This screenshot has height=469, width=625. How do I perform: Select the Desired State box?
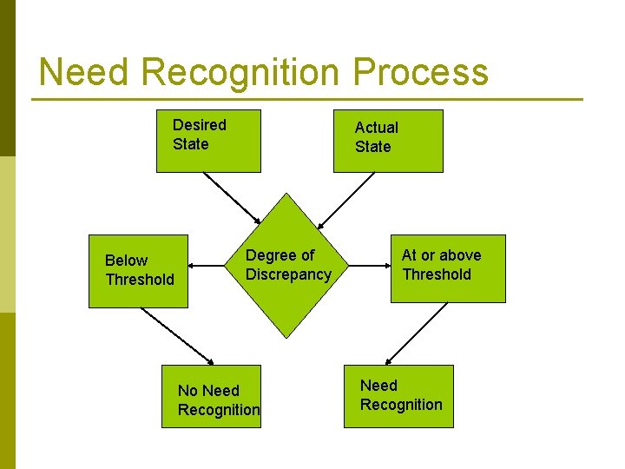208,141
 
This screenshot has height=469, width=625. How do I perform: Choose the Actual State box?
388,141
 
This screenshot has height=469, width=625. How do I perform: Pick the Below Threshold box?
138,271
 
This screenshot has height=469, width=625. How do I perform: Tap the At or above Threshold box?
447,268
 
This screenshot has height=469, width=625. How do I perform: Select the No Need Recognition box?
210,396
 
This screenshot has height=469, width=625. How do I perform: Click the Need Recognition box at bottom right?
398,396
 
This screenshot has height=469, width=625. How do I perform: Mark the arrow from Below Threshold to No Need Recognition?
176,336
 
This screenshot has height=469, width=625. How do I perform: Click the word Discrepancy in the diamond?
288,274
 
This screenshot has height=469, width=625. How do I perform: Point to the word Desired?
199,125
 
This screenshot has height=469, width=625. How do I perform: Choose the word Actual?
376,128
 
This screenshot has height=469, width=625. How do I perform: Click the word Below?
126,261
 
